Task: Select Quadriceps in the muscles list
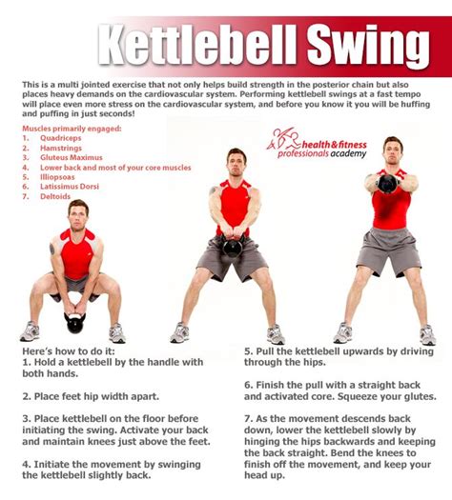[x=61, y=138]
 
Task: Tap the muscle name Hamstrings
[x=61, y=148]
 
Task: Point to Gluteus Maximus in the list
[x=72, y=157]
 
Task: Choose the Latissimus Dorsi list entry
[x=70, y=187]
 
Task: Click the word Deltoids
[x=55, y=196]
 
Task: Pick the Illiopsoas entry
[x=57, y=177]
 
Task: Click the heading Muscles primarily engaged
[x=72, y=129]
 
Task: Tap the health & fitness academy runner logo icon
[x=282, y=139]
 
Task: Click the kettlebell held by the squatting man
[x=75, y=323]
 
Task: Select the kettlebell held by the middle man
[x=233, y=247]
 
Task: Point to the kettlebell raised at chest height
[x=387, y=184]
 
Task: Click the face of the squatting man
[x=78, y=218]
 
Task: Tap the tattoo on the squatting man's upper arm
[x=52, y=249]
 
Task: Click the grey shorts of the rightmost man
[x=388, y=251]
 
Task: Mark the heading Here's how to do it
[x=69, y=351]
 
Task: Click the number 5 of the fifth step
[x=248, y=351]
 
